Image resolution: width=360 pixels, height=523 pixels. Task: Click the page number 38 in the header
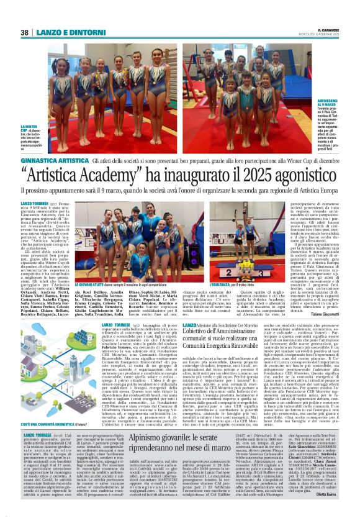click(24, 32)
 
